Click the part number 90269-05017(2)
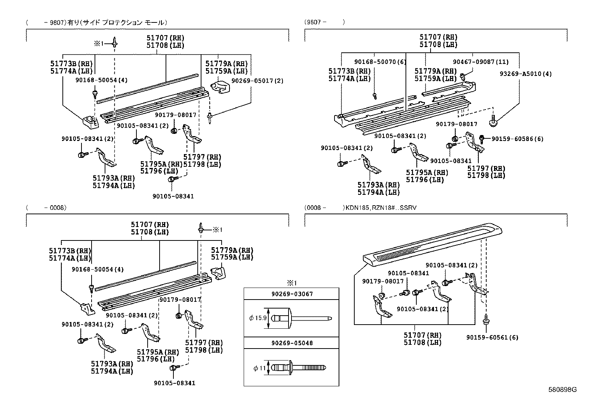coord(257,81)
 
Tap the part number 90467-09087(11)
coord(481,62)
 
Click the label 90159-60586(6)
coord(517,139)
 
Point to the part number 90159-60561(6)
coord(492,337)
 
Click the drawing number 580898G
coord(562,390)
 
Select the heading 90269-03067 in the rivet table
coord(292,294)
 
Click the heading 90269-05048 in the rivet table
coord(292,343)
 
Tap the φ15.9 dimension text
coord(258,318)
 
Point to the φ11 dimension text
coord(259,368)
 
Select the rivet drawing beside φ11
coord(299,368)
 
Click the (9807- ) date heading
coord(324,22)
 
